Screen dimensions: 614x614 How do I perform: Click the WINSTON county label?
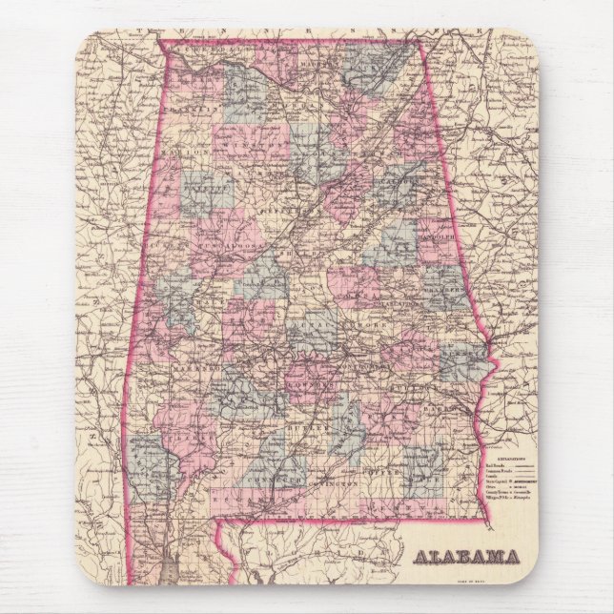pyautogui.click(x=250, y=151)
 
